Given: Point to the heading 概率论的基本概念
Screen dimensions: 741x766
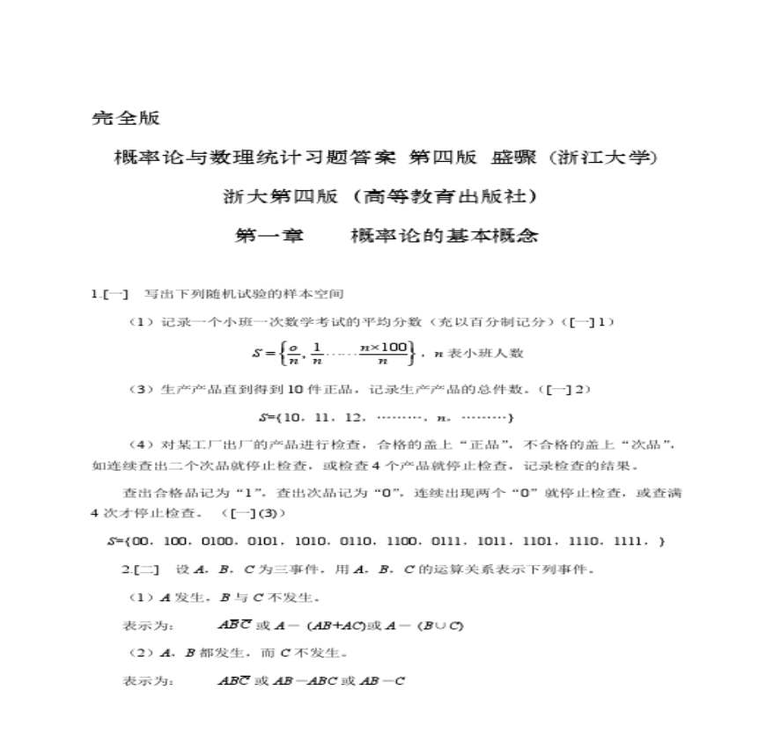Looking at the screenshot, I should [444, 236].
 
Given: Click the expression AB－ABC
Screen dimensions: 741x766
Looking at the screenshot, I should [297, 681].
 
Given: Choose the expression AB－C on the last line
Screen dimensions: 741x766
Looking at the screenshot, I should [380, 681].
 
